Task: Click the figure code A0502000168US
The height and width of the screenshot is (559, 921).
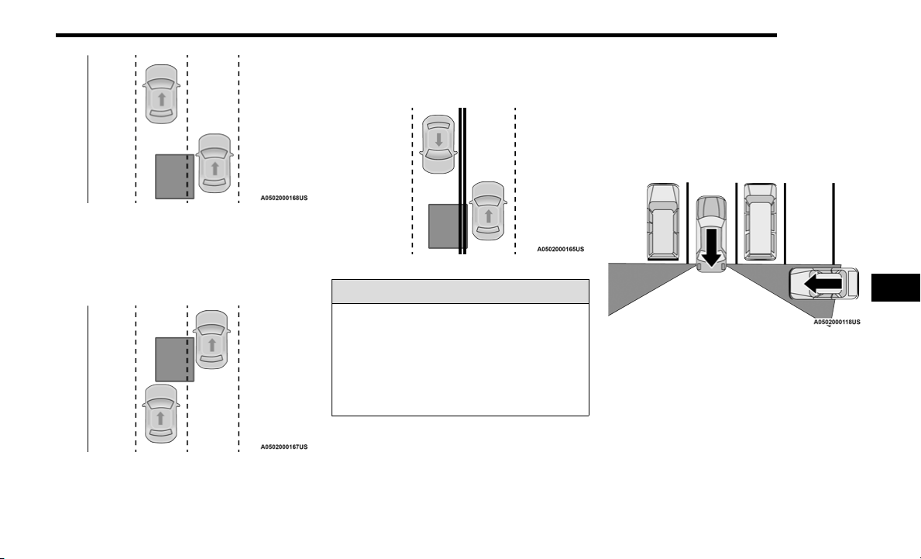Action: point(284,198)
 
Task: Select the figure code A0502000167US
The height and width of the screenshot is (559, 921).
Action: point(284,447)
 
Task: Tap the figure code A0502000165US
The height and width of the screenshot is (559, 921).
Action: point(560,249)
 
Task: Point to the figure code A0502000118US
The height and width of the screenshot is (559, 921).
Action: point(837,322)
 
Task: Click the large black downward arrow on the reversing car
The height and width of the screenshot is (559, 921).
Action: point(711,247)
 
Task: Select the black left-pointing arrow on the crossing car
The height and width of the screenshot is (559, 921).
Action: point(823,285)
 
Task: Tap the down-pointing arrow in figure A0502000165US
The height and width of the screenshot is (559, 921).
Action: point(438,140)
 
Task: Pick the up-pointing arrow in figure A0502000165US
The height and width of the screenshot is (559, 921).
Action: point(488,216)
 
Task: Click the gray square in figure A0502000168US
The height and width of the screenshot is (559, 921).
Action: point(174,176)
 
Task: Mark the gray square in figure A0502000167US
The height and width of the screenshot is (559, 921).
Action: point(174,359)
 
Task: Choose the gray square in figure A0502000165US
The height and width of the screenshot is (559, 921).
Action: point(448,226)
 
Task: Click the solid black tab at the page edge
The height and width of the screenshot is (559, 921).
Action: point(895,288)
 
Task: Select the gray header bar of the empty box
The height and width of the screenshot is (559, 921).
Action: point(460,292)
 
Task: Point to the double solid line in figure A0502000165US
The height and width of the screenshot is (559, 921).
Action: point(462,181)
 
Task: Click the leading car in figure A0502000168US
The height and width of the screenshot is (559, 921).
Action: point(162,94)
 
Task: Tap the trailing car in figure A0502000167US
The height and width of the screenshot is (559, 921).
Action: point(160,414)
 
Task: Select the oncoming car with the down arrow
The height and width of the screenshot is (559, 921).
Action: point(438,144)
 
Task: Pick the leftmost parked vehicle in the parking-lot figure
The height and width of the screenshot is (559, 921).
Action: point(663,222)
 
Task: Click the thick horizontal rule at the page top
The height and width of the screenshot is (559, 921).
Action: point(417,35)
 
